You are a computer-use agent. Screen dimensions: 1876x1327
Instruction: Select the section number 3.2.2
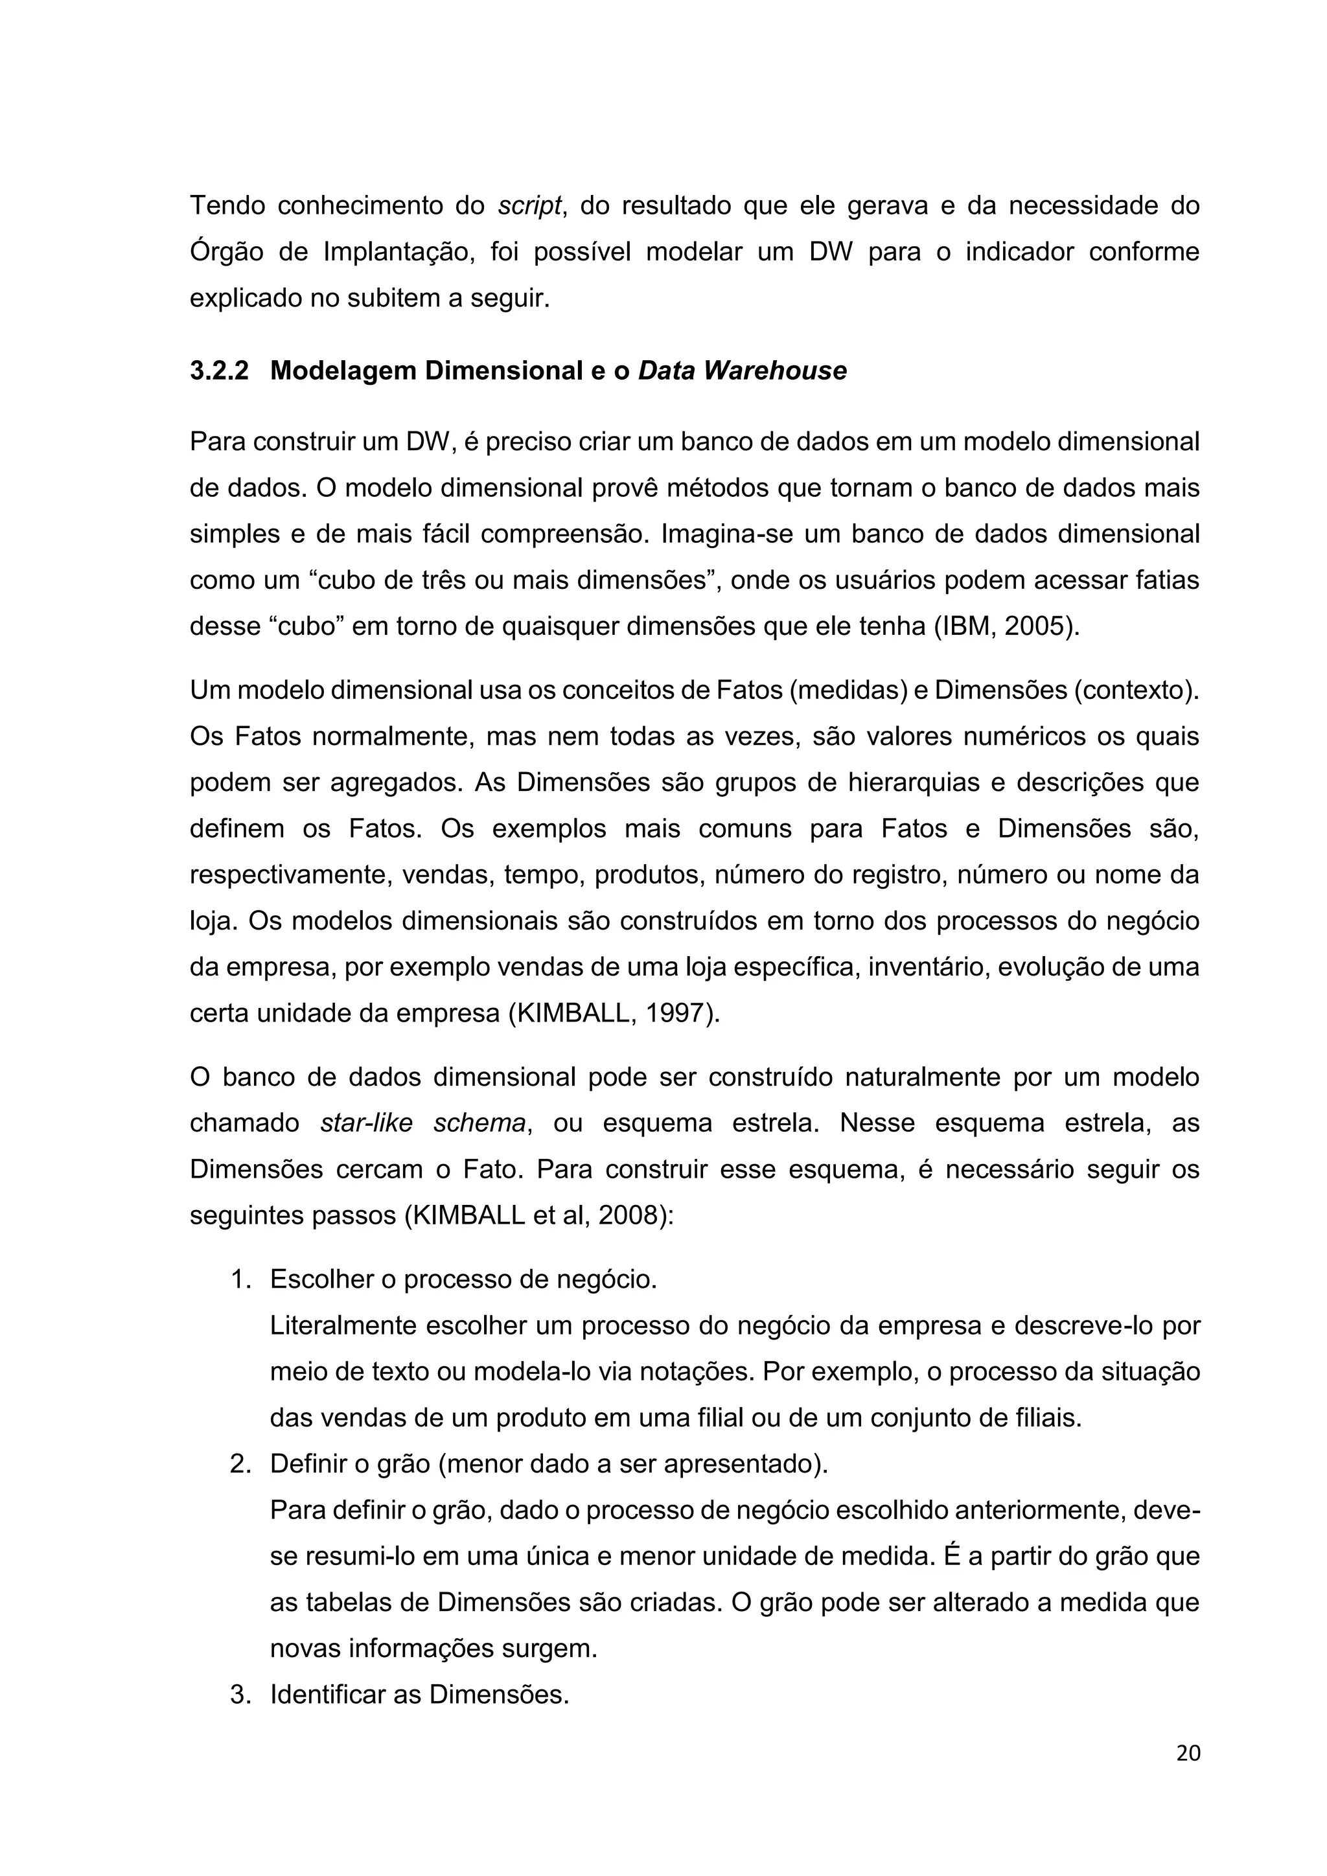pyautogui.click(x=219, y=371)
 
